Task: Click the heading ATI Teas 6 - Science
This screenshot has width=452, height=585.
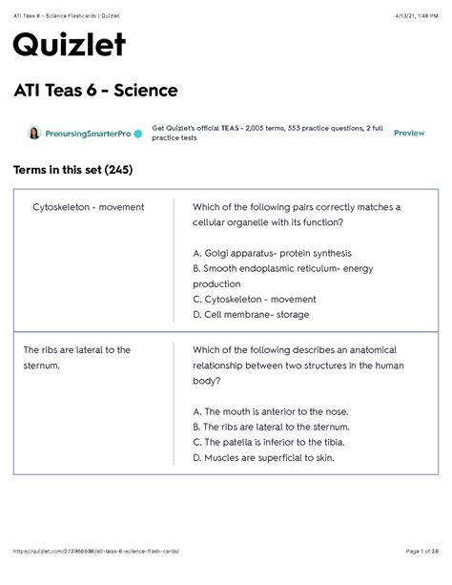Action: click(95, 92)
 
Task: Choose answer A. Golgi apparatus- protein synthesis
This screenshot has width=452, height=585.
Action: click(272, 253)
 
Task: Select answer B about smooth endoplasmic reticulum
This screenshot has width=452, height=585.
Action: click(283, 276)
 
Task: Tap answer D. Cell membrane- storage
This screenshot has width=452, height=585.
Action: click(251, 314)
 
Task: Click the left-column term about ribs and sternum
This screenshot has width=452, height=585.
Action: click(77, 357)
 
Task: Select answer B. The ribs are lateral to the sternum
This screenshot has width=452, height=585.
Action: click(271, 427)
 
